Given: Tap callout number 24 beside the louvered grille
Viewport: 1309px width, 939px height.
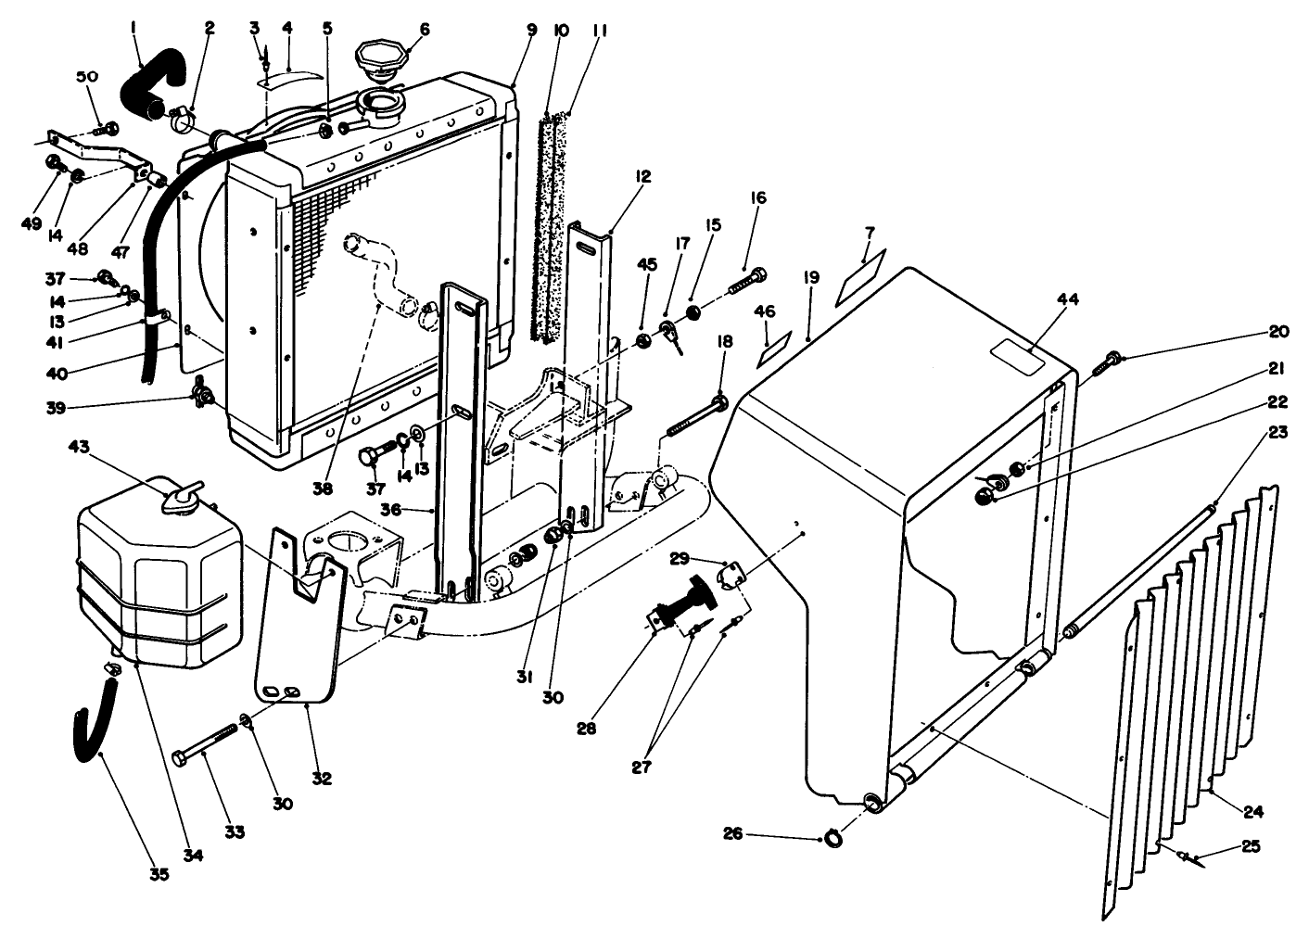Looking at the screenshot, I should point(1252,812).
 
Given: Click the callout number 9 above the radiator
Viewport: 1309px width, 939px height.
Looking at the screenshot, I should point(531,30).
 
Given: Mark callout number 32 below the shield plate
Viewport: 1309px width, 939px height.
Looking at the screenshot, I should point(321,778).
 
